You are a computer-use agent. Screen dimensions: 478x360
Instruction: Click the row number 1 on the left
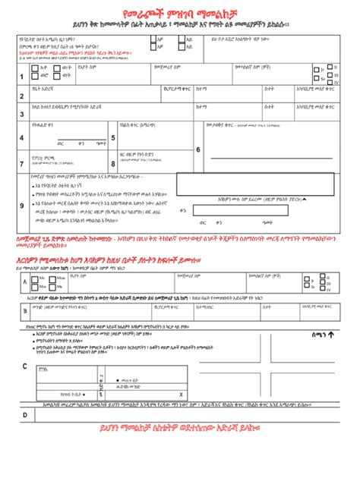(21, 77)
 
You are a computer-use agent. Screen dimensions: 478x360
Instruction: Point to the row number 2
(21, 96)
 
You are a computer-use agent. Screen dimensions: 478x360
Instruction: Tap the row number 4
(21, 137)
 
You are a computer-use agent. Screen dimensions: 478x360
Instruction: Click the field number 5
(113, 137)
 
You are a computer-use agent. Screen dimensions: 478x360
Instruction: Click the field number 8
(113, 162)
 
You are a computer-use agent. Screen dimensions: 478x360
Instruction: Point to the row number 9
(21, 205)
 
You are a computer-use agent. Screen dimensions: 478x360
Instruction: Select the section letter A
(24, 283)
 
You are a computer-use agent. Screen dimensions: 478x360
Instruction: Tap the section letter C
(24, 367)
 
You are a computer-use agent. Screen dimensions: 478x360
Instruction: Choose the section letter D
(24, 415)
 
